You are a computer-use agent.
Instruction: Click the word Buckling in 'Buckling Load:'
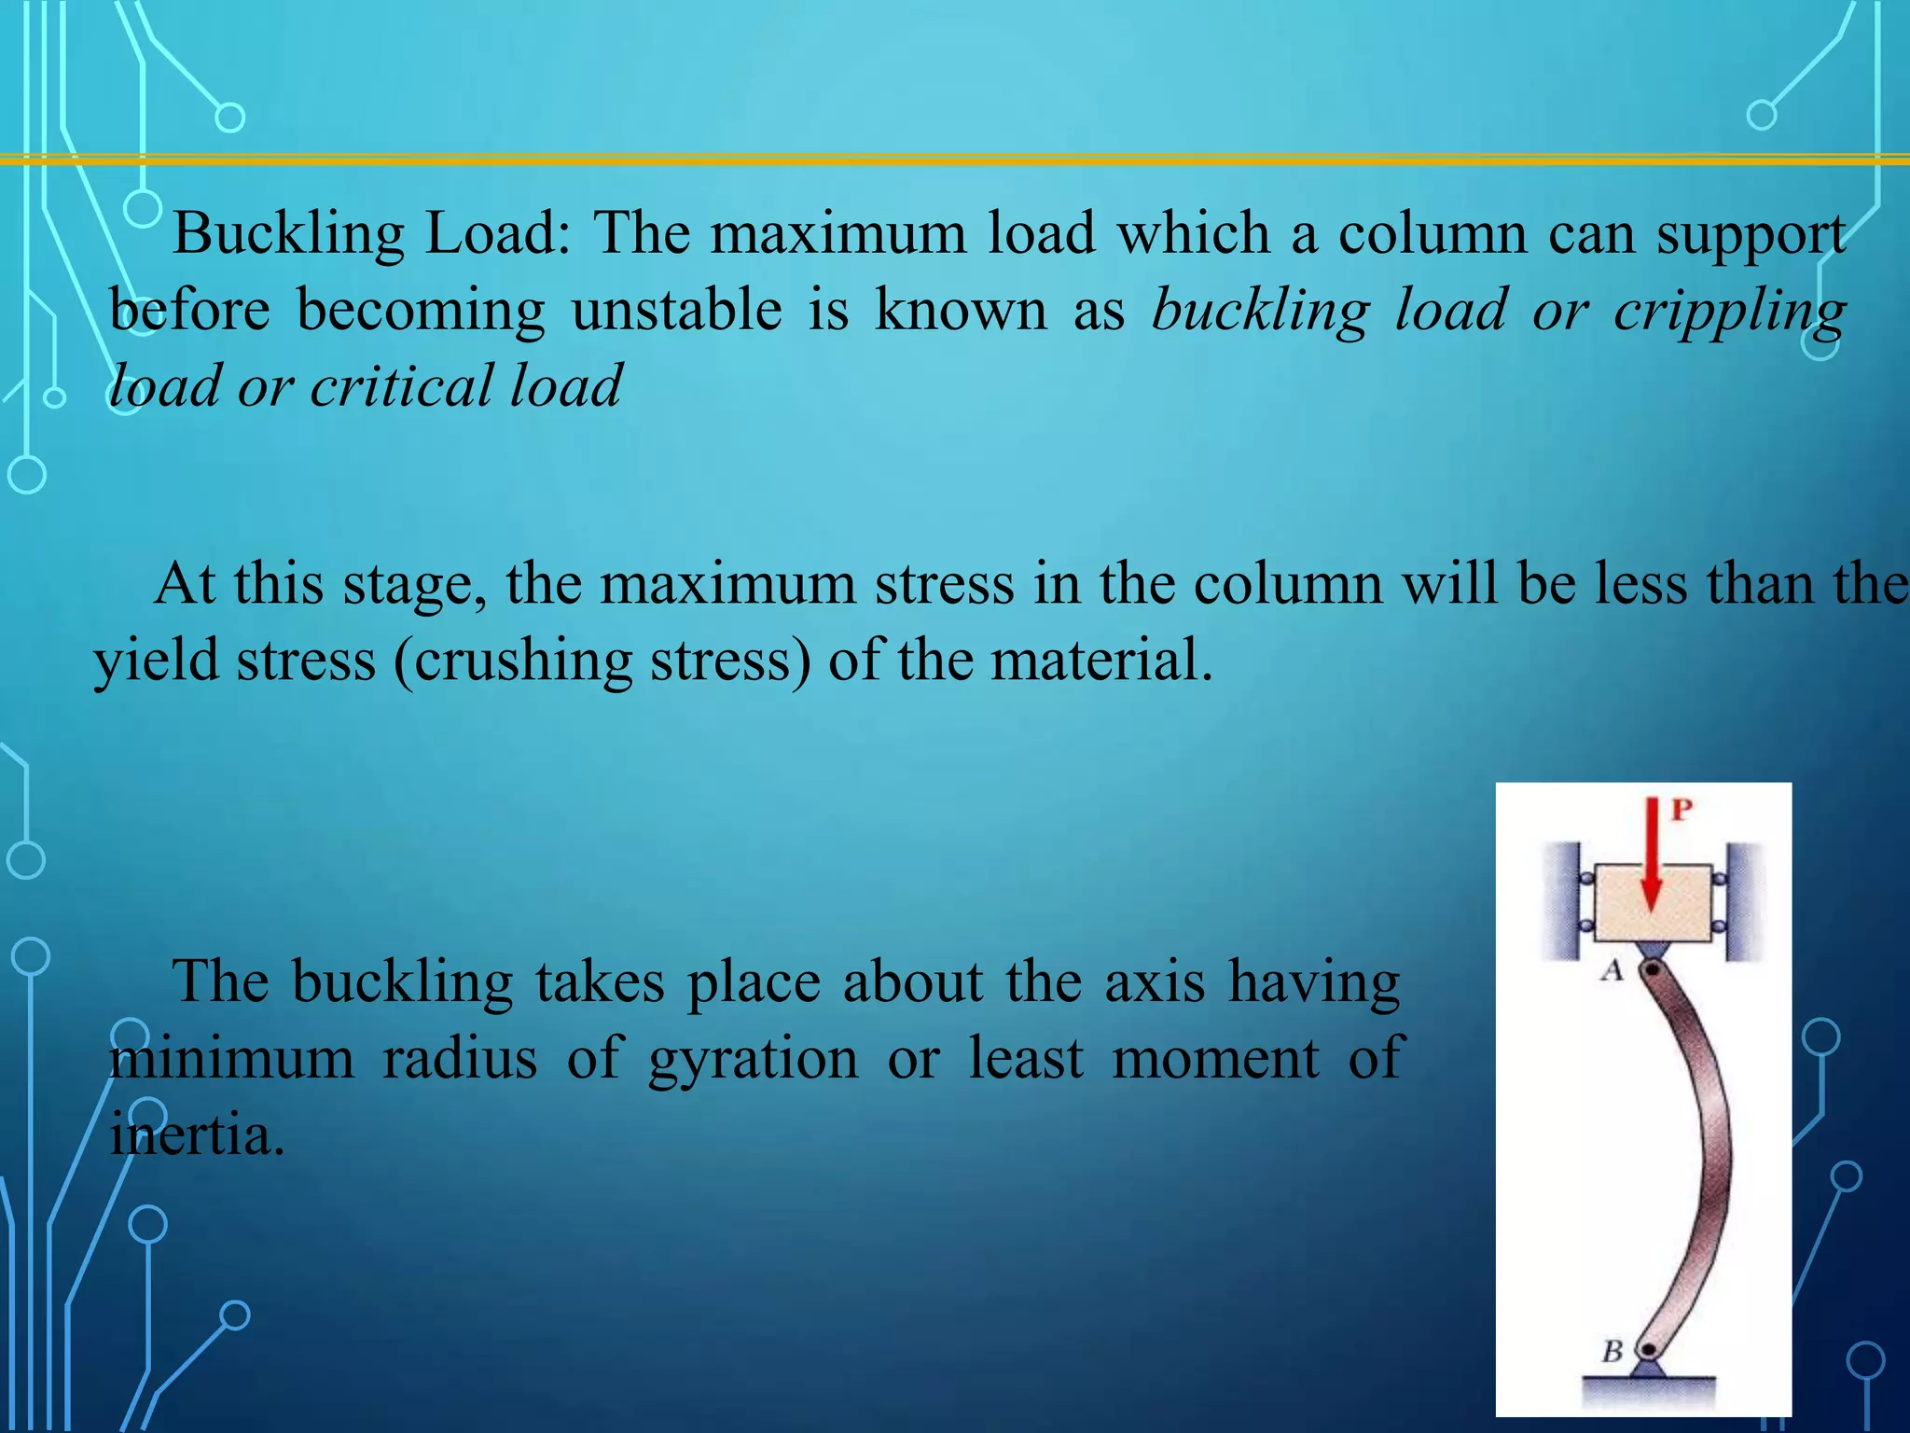289,233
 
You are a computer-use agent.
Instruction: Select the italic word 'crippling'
1729,312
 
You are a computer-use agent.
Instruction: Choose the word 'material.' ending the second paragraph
1101,661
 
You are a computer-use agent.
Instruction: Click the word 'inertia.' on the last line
197,1136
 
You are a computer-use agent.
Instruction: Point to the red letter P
1682,809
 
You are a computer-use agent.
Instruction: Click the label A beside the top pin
1612,971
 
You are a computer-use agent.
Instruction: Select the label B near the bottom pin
1612,1349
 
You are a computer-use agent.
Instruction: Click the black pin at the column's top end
1653,970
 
